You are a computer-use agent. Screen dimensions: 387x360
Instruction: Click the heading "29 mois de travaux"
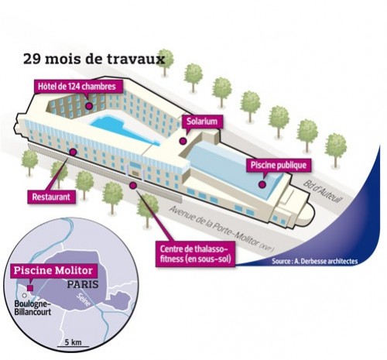coord(94,59)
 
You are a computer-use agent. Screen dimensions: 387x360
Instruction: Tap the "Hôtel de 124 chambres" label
coord(77,86)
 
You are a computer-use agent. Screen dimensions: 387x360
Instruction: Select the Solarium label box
coord(202,122)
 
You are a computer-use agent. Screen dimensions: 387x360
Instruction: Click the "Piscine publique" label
coord(279,165)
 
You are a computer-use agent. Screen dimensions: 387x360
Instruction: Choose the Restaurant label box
coord(51,197)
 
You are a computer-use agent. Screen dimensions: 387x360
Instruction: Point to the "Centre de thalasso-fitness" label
coord(196,254)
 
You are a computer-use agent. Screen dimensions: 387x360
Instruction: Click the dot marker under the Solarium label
coord(183,141)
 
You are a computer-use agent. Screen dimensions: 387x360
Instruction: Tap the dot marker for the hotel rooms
coord(89,106)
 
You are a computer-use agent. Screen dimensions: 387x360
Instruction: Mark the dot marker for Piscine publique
coord(262,184)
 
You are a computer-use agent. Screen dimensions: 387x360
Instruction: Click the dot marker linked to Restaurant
coord(74,152)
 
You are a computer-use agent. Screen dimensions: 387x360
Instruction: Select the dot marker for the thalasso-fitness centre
coord(133,185)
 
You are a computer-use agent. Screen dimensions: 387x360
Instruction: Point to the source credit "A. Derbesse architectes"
coord(315,261)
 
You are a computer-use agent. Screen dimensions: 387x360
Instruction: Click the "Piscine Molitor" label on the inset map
coord(53,270)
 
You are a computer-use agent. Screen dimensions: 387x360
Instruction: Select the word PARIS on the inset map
coord(83,284)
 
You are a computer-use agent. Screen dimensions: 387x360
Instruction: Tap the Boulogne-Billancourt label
coord(33,307)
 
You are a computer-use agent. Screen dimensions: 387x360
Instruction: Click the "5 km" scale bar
coord(73,344)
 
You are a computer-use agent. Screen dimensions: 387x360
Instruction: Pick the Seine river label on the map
coord(84,300)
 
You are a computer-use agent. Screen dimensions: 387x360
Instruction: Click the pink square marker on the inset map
coord(30,288)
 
